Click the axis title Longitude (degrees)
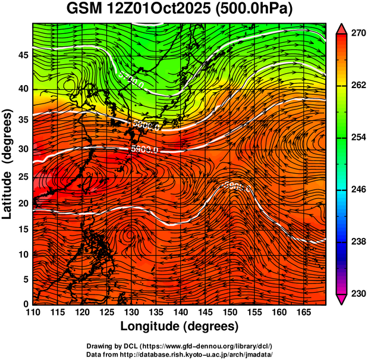click(x=179, y=327)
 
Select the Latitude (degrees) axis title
click(x=8, y=164)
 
